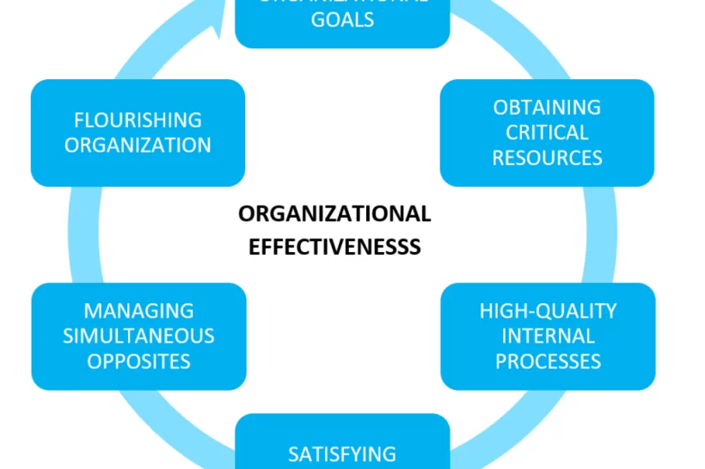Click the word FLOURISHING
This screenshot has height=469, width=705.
[x=138, y=120]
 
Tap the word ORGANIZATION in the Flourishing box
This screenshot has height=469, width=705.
[x=138, y=145]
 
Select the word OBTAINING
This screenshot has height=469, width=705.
[x=547, y=108]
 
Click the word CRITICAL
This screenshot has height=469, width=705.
[x=547, y=133]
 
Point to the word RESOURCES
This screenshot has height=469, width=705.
[x=547, y=157]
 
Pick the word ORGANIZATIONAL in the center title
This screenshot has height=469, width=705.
[x=334, y=213]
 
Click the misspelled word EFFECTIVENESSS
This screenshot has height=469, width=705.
[x=334, y=248]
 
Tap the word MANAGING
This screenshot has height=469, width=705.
[x=138, y=311]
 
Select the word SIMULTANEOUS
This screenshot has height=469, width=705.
[x=138, y=336]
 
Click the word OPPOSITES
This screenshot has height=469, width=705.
[x=138, y=361]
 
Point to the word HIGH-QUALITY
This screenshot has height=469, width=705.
[x=548, y=311]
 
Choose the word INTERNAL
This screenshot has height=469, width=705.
[x=548, y=336]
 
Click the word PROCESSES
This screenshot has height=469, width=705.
[x=548, y=361]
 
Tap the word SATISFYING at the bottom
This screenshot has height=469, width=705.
[x=342, y=454]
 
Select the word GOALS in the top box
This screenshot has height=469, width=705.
[x=342, y=20]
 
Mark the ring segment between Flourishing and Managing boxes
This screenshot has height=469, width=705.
[x=83, y=234]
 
